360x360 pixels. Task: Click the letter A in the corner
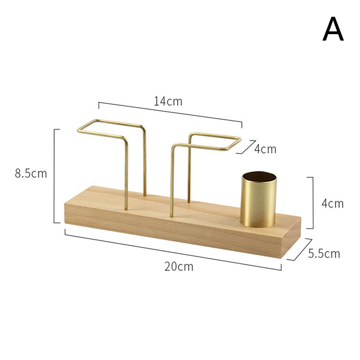click(x=333, y=29)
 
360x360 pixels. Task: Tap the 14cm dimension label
click(x=168, y=101)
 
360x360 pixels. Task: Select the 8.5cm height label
click(x=31, y=173)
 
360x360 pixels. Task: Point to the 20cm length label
click(x=179, y=266)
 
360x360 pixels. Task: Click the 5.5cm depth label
click(x=324, y=253)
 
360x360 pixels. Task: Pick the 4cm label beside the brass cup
click(x=333, y=203)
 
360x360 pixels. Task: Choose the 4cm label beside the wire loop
click(x=265, y=149)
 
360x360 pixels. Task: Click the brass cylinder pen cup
click(x=258, y=199)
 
